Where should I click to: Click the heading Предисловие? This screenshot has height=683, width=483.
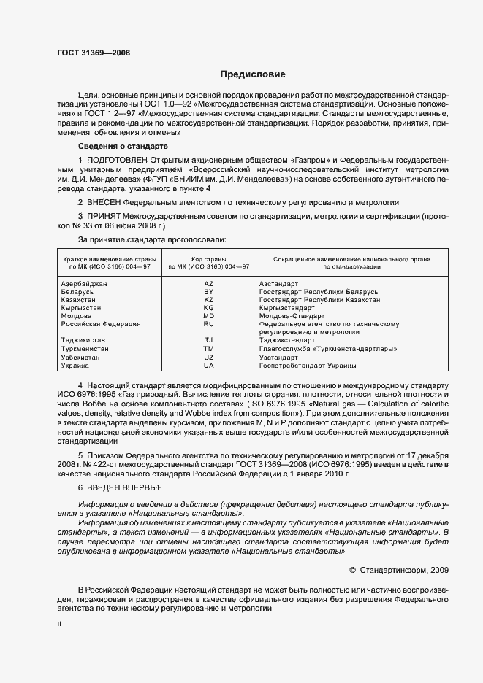(x=253, y=74)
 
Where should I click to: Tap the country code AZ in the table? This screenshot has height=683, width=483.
(x=208, y=283)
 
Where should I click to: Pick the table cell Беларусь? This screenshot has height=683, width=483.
(x=77, y=291)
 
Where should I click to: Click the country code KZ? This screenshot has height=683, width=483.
(x=208, y=299)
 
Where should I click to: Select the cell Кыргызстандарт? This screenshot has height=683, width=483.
(x=285, y=308)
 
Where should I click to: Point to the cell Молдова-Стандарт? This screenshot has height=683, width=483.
(x=289, y=316)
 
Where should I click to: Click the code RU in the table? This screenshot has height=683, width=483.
(x=208, y=324)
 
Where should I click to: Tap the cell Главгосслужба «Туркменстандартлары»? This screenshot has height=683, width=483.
(x=329, y=349)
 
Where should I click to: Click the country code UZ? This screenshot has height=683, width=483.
(x=208, y=357)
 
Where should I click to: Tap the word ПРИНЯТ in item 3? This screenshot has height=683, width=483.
(x=104, y=216)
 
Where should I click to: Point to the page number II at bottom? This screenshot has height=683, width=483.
(x=59, y=624)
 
